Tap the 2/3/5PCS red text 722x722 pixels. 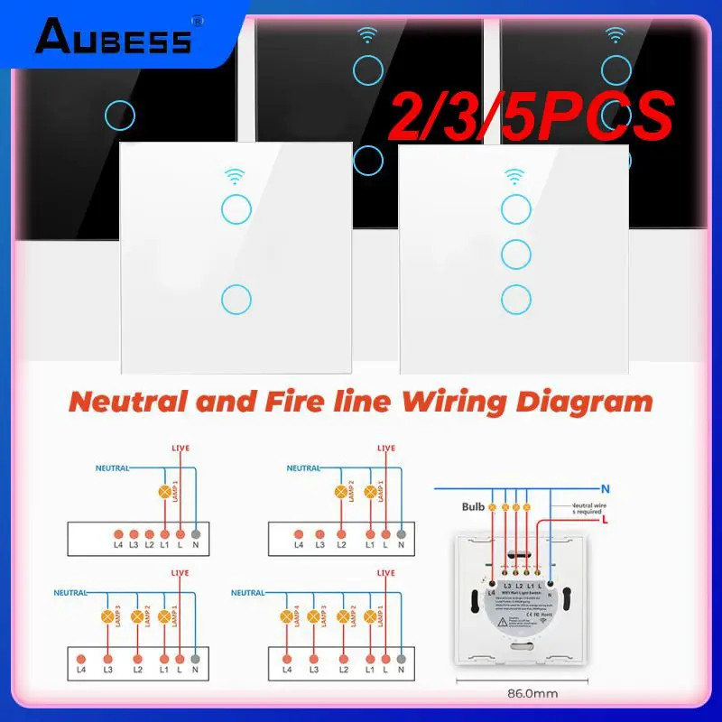pyautogui.click(x=529, y=117)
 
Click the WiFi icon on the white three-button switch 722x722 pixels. pyautogui.click(x=514, y=174)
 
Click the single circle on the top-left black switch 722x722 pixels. pyautogui.click(x=120, y=115)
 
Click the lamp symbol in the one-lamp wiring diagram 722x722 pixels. pyautogui.click(x=164, y=493)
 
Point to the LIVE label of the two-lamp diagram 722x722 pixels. pyautogui.click(x=385, y=449)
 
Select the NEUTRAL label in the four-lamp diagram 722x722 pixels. pyautogui.click(x=249, y=593)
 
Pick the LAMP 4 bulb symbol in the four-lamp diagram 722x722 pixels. pyautogui.click(x=287, y=617)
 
